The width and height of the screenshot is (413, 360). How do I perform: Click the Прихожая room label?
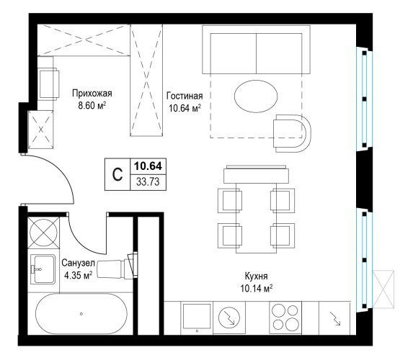[x=92, y=94]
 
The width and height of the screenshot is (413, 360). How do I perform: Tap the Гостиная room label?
[x=185, y=96]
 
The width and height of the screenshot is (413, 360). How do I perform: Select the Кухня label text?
[x=257, y=276]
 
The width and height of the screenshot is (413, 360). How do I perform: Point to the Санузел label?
[x=78, y=263]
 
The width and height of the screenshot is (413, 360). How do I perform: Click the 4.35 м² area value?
[x=79, y=275]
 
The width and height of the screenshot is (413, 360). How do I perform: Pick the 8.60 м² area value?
[x=92, y=106]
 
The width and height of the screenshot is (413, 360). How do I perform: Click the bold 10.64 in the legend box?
[x=148, y=166]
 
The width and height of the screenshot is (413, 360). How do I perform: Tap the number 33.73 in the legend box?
[x=148, y=182]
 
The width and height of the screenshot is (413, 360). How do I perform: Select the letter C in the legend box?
[x=117, y=174]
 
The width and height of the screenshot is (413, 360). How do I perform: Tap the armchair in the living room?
[x=292, y=133]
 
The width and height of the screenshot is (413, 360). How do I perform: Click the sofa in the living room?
[x=256, y=50]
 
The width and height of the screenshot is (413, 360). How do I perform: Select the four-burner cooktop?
[x=285, y=318]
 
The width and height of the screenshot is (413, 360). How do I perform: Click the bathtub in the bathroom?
[x=81, y=314]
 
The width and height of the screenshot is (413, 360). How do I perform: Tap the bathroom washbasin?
[x=43, y=269]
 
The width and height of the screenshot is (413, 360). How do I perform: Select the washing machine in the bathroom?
[x=43, y=233]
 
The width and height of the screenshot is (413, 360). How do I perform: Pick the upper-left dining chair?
[x=230, y=201]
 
